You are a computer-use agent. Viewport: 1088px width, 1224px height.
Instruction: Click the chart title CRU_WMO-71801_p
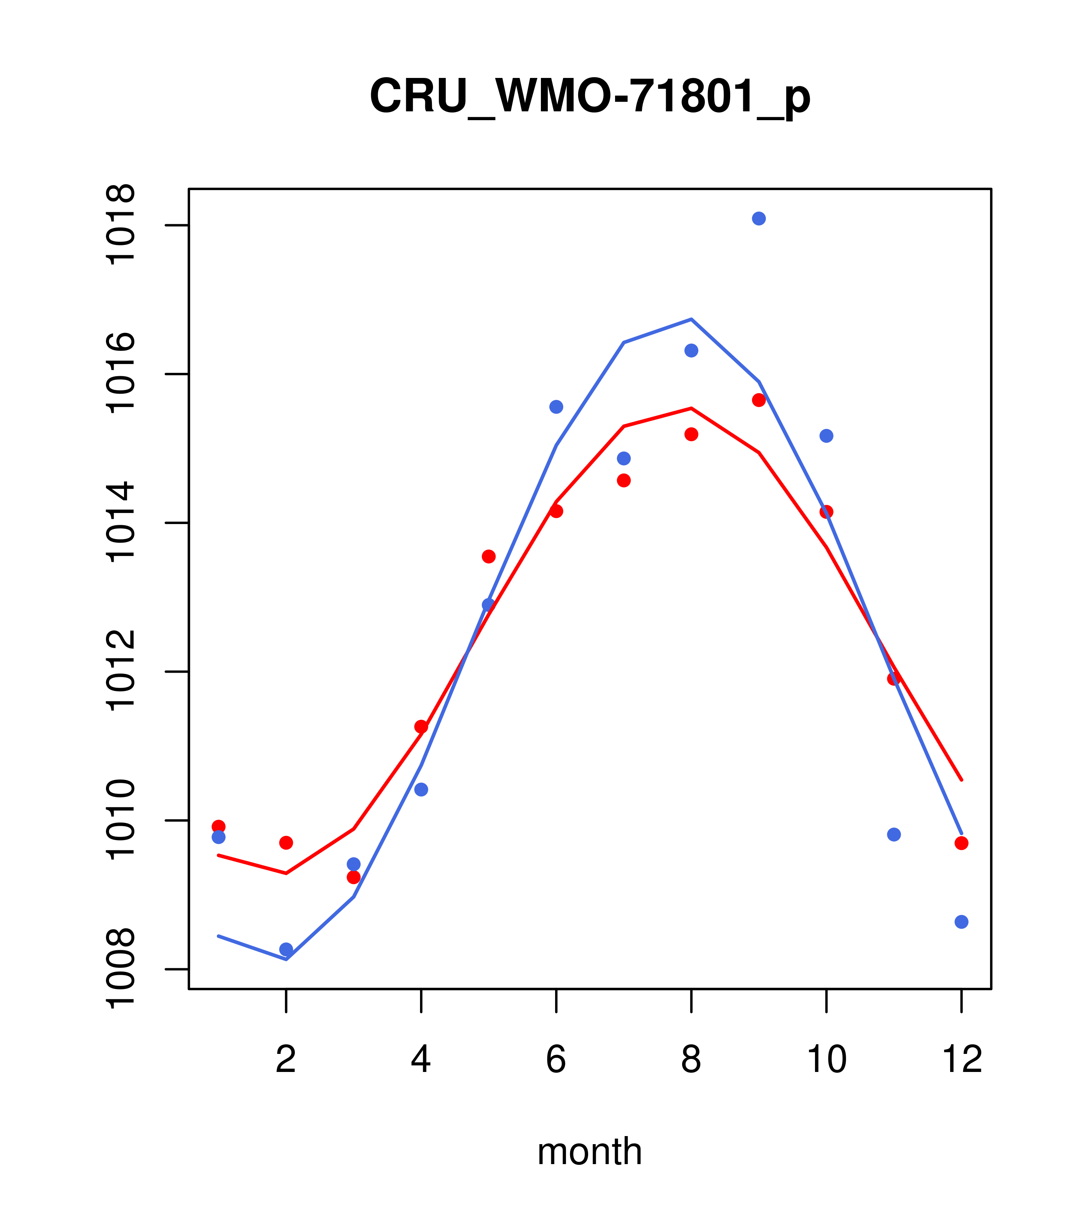point(590,96)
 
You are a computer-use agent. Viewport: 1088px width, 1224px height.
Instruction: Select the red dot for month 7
point(624,480)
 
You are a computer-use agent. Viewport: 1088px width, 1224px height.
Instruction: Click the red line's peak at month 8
point(691,409)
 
